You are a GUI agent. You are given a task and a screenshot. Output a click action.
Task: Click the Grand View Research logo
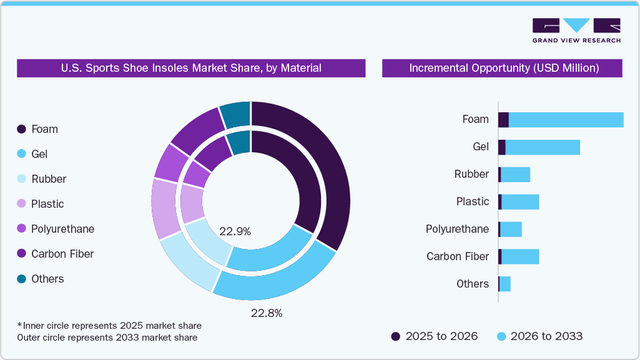(x=576, y=30)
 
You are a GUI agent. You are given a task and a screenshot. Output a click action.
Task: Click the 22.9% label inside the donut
(x=235, y=231)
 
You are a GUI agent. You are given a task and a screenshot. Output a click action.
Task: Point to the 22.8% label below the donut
(x=267, y=313)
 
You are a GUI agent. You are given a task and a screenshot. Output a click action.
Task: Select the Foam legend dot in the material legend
(x=22, y=129)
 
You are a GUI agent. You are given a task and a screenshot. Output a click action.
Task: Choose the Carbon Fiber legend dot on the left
(x=22, y=254)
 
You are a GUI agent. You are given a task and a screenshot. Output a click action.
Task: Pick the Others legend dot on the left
(x=22, y=279)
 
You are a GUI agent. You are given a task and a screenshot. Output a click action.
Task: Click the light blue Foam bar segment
(x=566, y=120)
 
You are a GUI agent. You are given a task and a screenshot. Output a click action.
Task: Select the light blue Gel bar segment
(x=542, y=147)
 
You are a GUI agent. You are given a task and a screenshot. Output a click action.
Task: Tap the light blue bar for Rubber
(x=515, y=175)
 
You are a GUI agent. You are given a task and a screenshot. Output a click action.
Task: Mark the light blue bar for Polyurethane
(x=511, y=230)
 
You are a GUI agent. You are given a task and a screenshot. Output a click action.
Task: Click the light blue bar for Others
(x=505, y=284)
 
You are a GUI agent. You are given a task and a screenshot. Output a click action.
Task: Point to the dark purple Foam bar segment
(x=503, y=120)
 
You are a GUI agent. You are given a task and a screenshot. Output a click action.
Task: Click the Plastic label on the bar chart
(x=473, y=202)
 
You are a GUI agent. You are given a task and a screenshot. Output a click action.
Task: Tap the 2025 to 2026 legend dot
(x=395, y=336)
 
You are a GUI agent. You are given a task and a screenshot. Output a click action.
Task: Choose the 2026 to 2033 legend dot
(x=501, y=336)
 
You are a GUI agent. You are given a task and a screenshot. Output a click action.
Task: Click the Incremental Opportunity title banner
(x=502, y=68)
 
